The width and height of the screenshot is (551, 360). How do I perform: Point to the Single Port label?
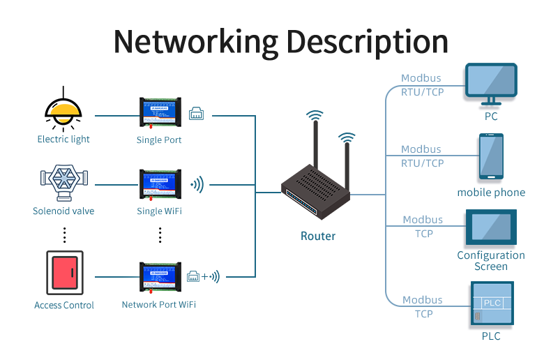pyautogui.click(x=159, y=140)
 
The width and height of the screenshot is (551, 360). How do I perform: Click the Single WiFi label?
pyautogui.click(x=159, y=211)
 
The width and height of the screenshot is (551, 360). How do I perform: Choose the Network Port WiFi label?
pyautogui.click(x=158, y=304)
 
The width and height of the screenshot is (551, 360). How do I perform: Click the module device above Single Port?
pyautogui.click(x=160, y=112)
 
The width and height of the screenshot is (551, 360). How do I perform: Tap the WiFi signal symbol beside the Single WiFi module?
pyautogui.click(x=198, y=185)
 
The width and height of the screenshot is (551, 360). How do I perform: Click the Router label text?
pyautogui.click(x=318, y=236)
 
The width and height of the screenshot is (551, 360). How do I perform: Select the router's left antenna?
pyautogui.click(x=315, y=143)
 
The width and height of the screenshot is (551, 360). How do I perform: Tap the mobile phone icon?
pyautogui.click(x=491, y=157)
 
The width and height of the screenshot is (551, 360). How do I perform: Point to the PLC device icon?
pyautogui.click(x=492, y=304)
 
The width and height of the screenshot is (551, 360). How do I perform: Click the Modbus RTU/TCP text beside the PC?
pyautogui.click(x=422, y=84)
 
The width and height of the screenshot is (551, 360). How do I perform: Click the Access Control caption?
pyautogui.click(x=64, y=305)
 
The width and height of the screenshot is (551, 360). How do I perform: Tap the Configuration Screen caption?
pyautogui.click(x=491, y=261)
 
